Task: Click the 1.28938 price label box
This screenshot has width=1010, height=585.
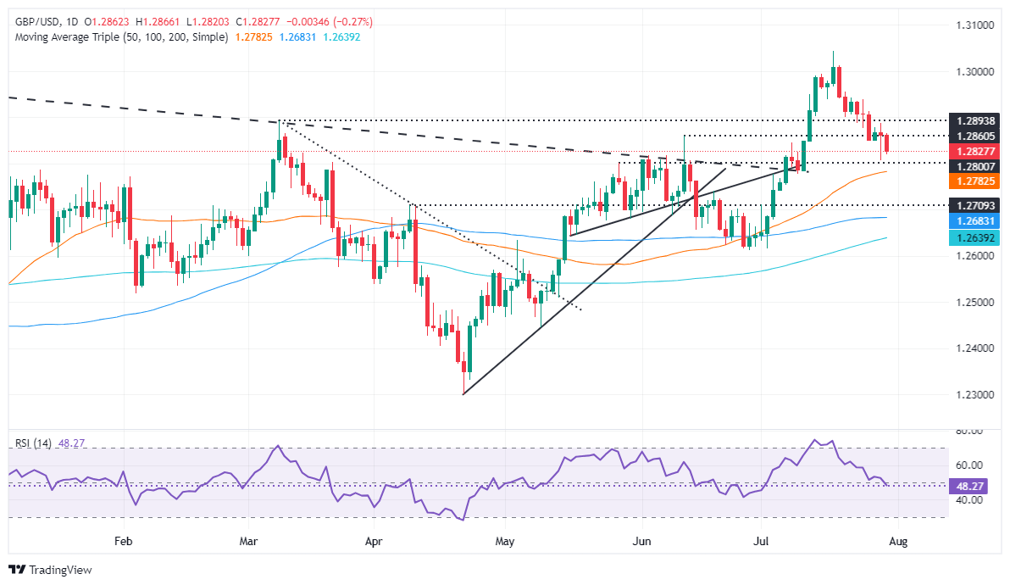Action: [976, 120]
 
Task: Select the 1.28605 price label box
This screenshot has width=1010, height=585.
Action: [976, 136]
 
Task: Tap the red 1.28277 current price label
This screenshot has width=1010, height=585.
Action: [976, 151]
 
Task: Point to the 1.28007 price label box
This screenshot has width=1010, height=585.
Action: [976, 166]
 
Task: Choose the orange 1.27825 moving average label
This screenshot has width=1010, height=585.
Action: [976, 181]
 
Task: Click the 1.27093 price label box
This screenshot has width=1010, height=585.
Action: [976, 204]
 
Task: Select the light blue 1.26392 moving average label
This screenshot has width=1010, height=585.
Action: [976, 237]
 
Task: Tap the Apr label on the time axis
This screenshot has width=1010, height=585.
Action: [374, 539]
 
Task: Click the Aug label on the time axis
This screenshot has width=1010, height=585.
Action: [899, 539]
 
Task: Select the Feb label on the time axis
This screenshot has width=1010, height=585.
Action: [124, 539]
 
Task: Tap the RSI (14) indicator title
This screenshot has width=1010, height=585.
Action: [31, 443]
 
